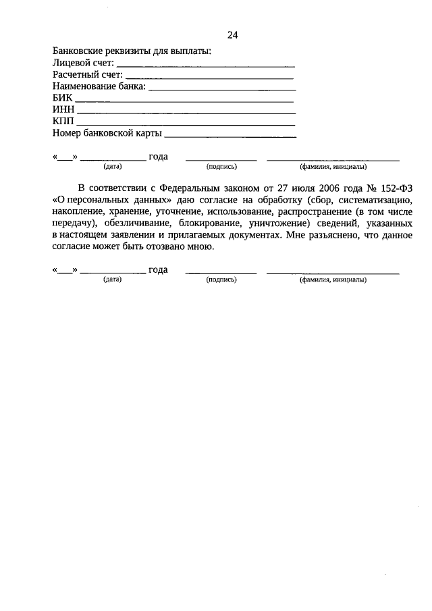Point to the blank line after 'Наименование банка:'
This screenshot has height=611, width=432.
222,88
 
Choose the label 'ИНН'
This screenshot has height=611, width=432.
63,110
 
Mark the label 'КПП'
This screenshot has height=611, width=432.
63,122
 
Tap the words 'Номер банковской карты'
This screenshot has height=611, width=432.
107,134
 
